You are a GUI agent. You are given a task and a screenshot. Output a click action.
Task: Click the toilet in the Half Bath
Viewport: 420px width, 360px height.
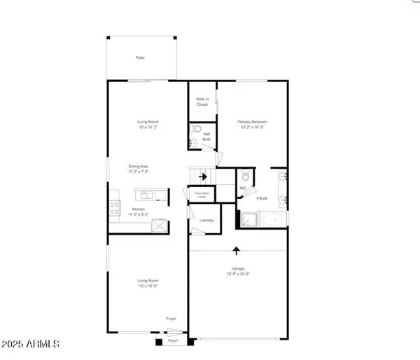(x=197, y=131)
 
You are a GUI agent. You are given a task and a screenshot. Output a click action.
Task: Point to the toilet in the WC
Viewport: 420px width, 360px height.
(x=242, y=176)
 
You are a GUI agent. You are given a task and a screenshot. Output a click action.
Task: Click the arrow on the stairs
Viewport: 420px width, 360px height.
(x=203, y=176)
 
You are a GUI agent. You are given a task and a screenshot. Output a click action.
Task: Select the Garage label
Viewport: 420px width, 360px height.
(x=238, y=268)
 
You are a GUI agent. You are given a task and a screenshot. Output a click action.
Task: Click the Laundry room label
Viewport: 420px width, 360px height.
(x=206, y=221)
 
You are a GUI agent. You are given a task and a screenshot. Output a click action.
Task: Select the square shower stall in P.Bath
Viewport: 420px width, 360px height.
(x=248, y=220)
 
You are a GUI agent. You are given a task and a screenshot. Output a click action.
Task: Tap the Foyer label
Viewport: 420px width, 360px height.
(x=171, y=319)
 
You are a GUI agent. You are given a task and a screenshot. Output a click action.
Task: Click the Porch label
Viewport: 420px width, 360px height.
(x=172, y=342)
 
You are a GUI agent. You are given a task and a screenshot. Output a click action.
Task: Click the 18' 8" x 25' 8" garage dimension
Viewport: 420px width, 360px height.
(x=238, y=275)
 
